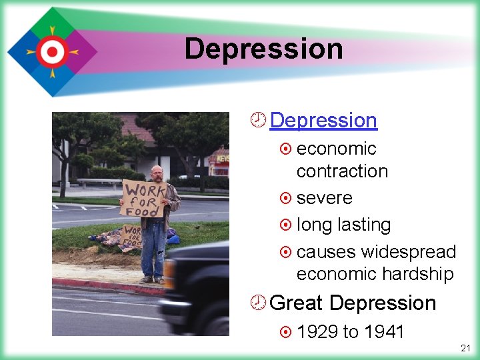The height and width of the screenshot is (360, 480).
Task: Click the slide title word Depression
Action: pos(263,49)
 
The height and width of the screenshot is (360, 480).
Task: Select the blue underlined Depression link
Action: pos(323,120)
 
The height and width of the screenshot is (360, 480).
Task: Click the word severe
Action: pos(324,198)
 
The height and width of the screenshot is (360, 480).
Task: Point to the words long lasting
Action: pos(343,225)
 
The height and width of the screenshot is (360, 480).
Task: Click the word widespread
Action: pos(408,252)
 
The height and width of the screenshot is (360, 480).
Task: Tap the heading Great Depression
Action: pos(353,303)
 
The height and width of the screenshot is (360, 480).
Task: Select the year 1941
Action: pos(384,332)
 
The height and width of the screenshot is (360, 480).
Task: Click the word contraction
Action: pos(342,171)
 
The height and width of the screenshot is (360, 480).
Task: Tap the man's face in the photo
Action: pos(157,173)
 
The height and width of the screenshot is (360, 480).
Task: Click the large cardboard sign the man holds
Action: pos(143,197)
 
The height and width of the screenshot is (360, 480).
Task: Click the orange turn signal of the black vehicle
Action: pos(169,273)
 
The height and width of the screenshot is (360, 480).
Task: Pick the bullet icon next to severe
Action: pos(286,199)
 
